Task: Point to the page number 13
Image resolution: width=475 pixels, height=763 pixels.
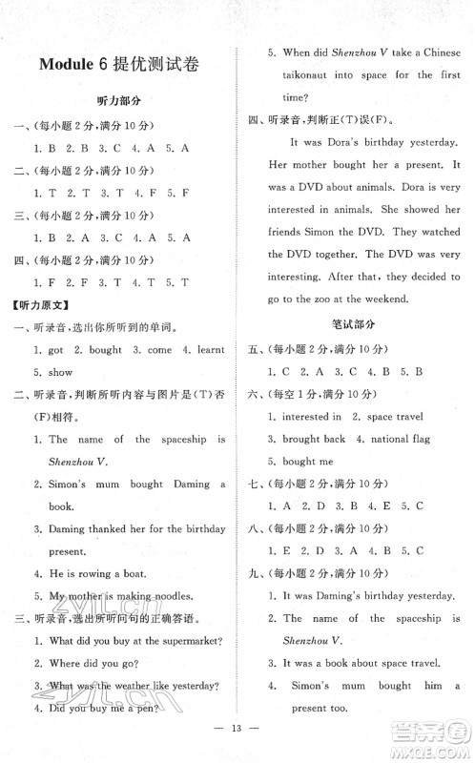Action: [237, 741]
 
